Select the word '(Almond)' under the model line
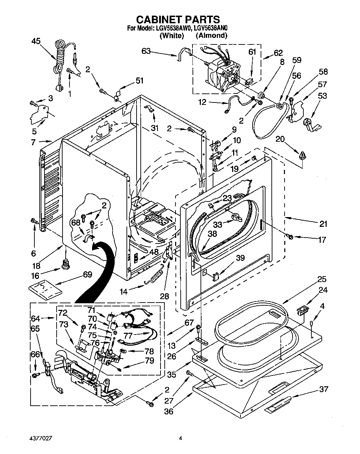[211, 35]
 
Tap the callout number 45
[36, 41]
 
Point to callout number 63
[146, 51]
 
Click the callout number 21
[323, 224]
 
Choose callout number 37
[323, 389]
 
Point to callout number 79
[149, 361]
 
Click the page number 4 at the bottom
[180, 438]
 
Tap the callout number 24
[323, 290]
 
